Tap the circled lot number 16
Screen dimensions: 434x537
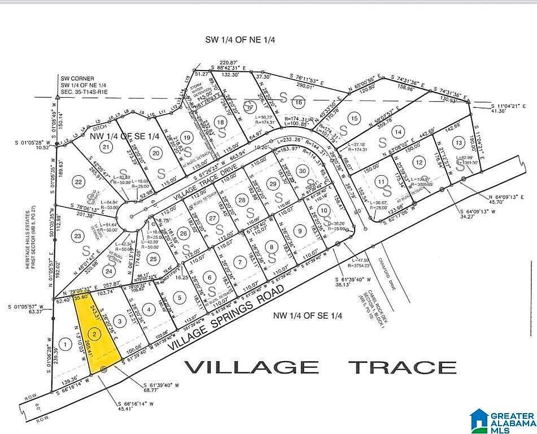click(298, 102)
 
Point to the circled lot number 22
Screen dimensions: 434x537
click(78, 181)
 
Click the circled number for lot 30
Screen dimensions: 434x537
click(303, 171)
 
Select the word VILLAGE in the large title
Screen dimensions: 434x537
click(251, 367)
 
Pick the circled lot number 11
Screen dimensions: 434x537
click(382, 181)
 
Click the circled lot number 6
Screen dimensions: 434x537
click(209, 277)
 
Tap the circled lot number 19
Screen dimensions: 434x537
click(187, 137)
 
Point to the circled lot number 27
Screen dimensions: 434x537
click(212, 218)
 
